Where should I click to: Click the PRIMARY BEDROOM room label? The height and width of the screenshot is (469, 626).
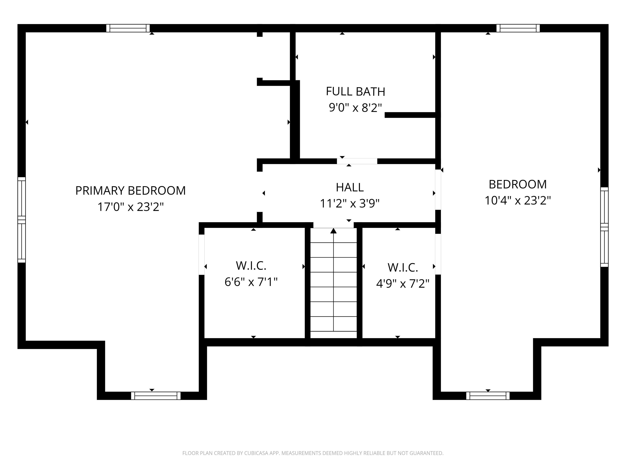[130, 191]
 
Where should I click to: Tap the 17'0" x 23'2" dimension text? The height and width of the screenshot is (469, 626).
[130, 207]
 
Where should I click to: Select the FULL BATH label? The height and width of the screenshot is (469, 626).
[355, 92]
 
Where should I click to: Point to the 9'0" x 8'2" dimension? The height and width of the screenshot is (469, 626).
[355, 108]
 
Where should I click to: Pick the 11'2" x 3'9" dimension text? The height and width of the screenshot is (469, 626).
[350, 203]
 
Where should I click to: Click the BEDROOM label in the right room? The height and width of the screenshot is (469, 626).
[518, 184]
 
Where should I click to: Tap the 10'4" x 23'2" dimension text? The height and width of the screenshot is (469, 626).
[518, 201]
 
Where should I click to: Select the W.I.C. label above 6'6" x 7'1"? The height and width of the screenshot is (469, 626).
[251, 266]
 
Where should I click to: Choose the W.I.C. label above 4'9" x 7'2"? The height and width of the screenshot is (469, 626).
[403, 267]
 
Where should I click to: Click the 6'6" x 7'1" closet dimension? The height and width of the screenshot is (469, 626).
[251, 282]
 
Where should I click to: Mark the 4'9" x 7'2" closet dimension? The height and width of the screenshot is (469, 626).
[403, 284]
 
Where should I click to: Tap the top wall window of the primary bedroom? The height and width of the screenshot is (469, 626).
[128, 28]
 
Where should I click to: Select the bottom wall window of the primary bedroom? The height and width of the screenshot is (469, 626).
[156, 396]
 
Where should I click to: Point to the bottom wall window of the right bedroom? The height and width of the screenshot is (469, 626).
[488, 396]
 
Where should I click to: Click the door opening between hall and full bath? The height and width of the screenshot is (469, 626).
[357, 161]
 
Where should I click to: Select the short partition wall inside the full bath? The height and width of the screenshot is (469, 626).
[410, 115]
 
